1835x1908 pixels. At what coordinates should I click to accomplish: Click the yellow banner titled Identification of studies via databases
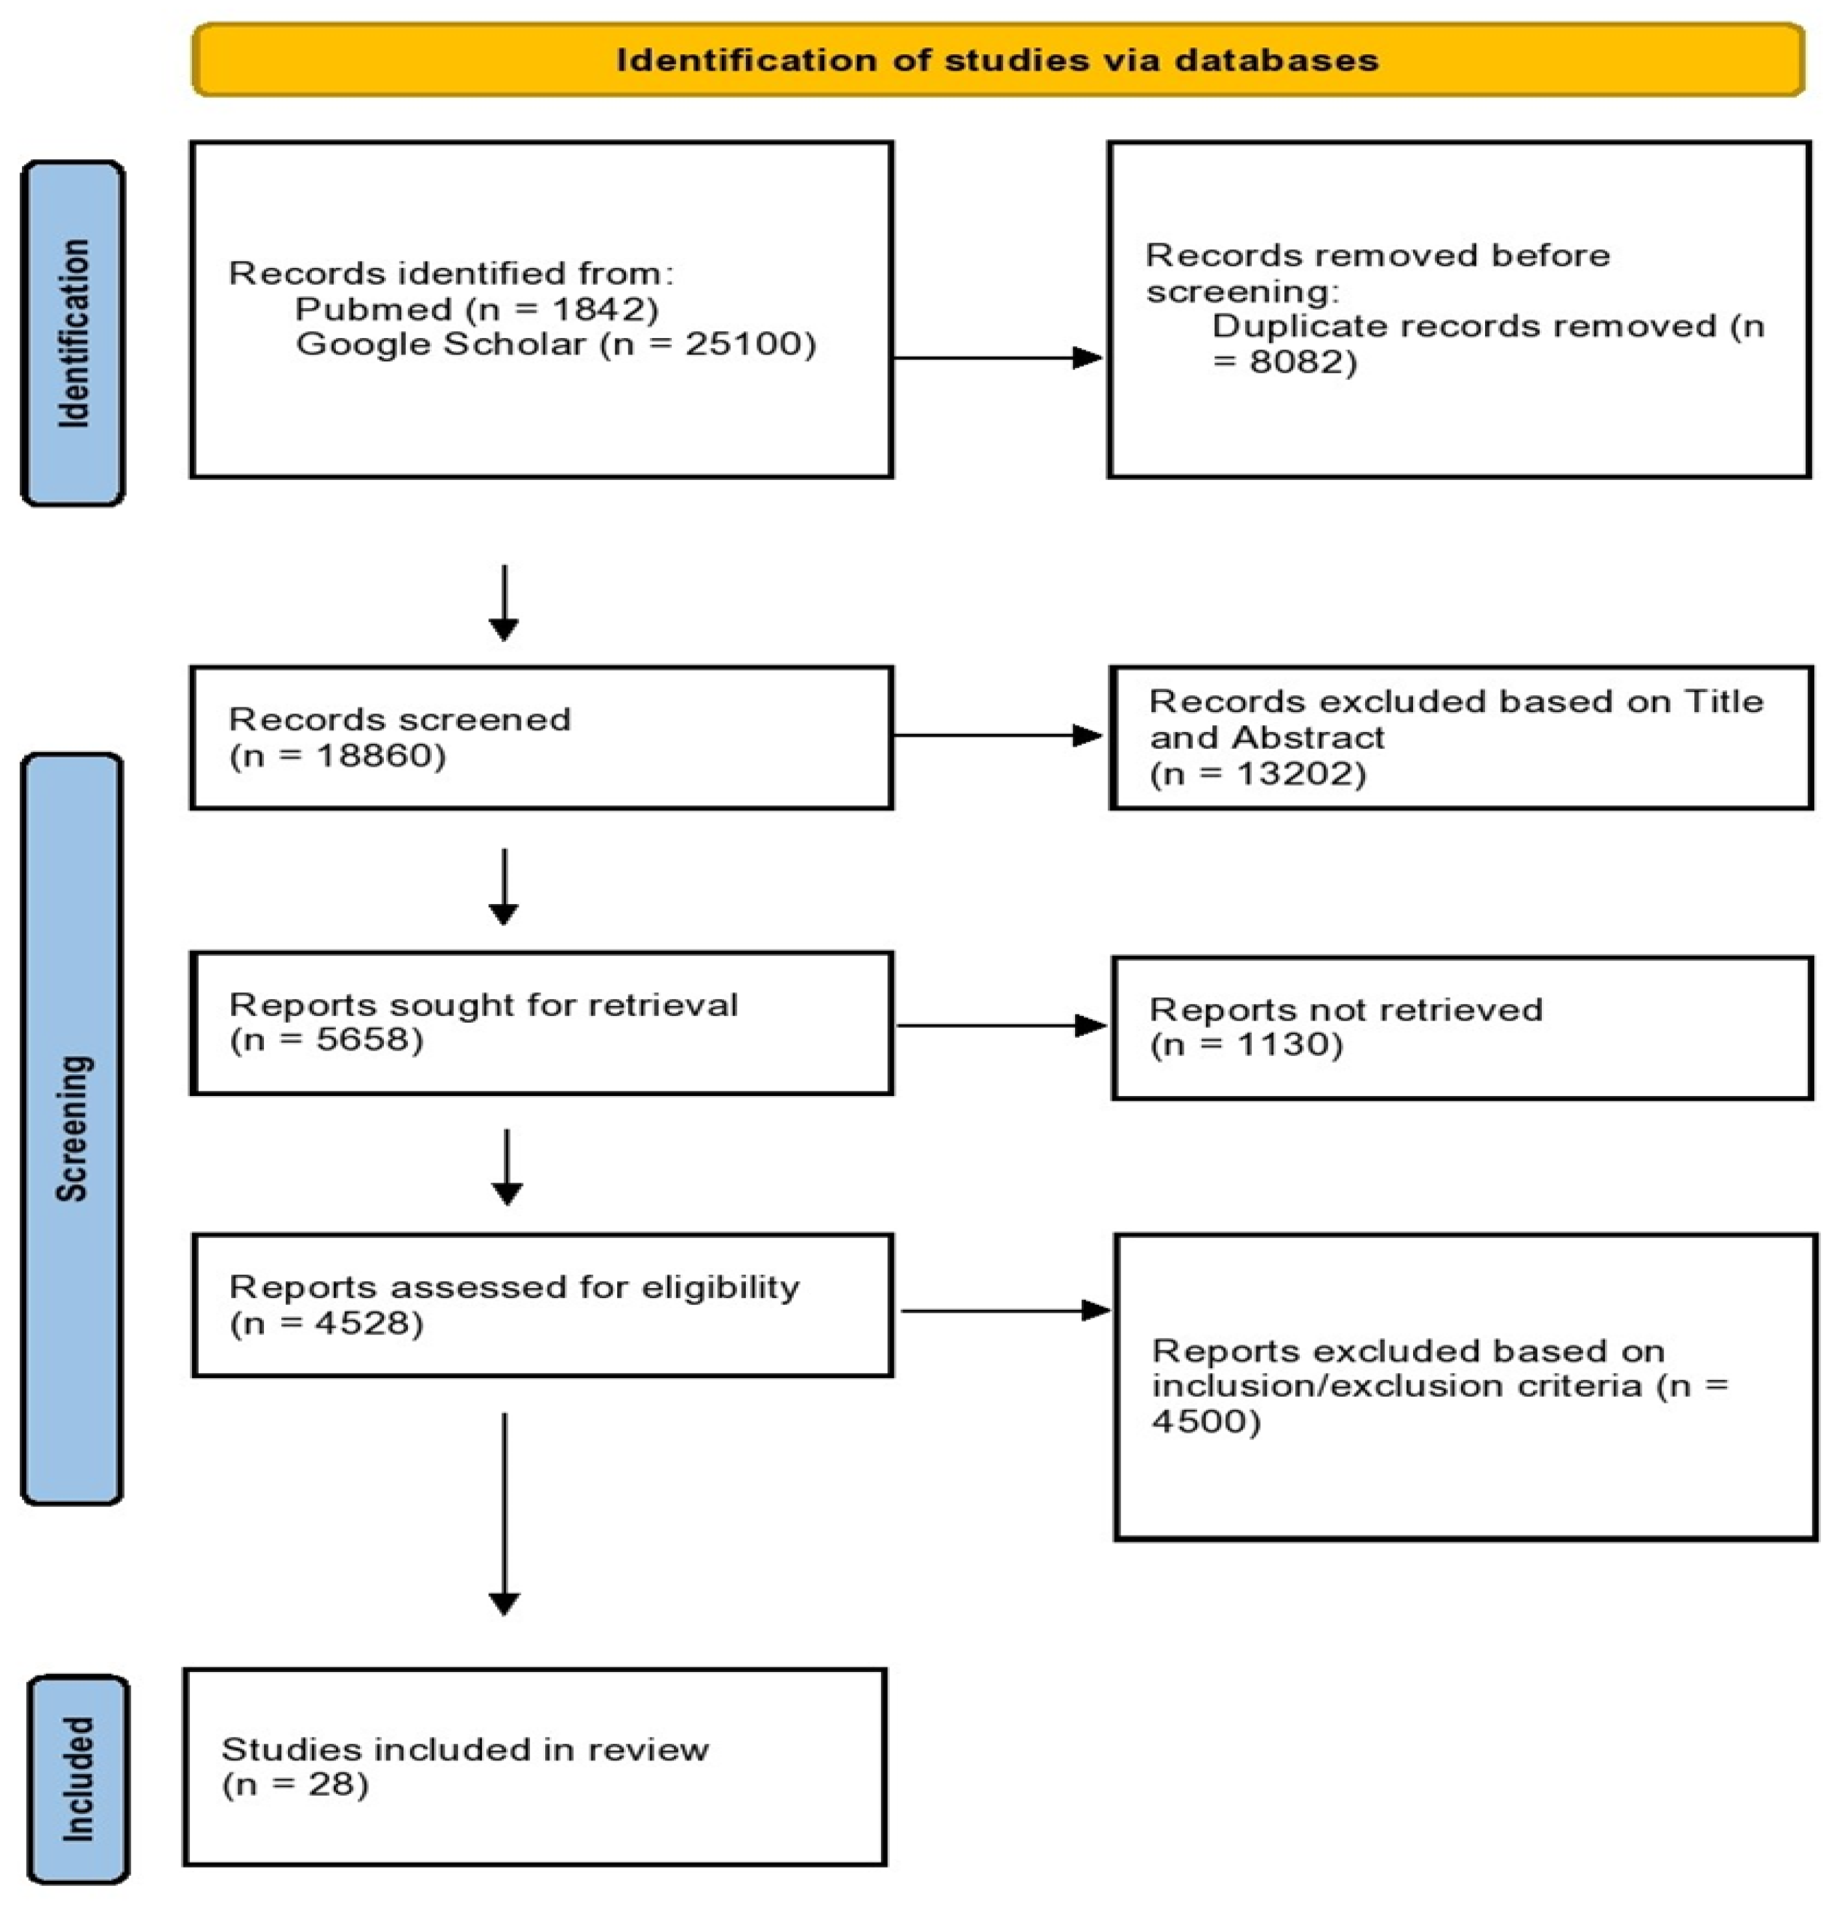(998, 61)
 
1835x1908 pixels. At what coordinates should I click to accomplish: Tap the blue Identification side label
(73, 333)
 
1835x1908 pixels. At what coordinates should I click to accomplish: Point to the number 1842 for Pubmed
(590, 309)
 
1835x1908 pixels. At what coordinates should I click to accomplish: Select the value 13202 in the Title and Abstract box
(1294, 774)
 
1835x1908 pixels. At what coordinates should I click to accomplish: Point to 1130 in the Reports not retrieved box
(1283, 1045)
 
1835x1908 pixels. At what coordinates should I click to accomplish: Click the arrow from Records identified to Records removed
(998, 358)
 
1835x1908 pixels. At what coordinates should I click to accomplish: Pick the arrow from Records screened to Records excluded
(998, 736)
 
